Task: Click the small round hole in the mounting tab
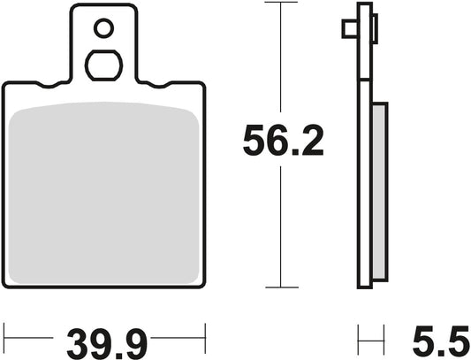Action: [x=103, y=30]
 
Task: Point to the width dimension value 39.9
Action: [x=104, y=339]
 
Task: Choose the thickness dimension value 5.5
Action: [x=438, y=339]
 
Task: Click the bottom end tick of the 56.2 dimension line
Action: [x=280, y=287]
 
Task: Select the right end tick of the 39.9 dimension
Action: [x=205, y=336]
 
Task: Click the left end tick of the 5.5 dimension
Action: [x=358, y=336]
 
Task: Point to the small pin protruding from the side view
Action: [x=347, y=29]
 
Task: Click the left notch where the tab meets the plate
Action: [x=62, y=85]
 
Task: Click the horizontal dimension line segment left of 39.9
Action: [x=31, y=336]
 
